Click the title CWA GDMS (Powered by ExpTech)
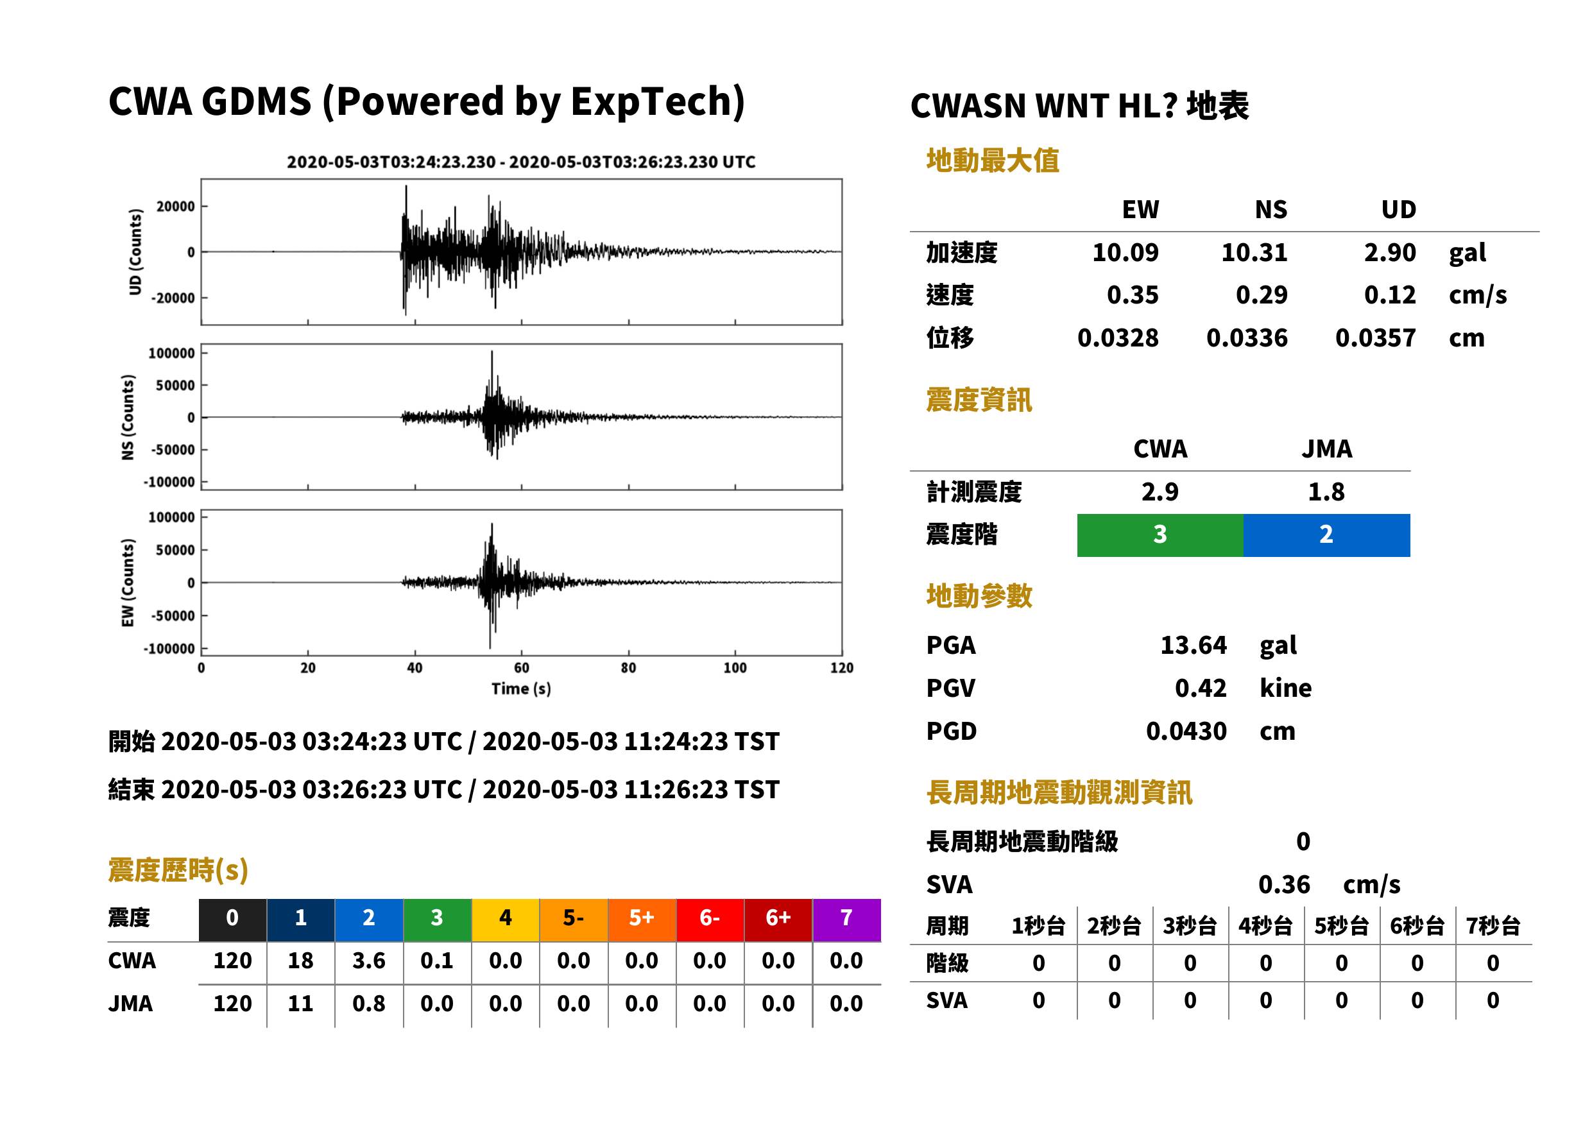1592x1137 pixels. pyautogui.click(x=426, y=102)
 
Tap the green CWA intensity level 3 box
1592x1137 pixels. pyautogui.click(x=1160, y=535)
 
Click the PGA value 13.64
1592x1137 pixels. pyautogui.click(x=1193, y=645)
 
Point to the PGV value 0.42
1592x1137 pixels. pyautogui.click(x=1200, y=688)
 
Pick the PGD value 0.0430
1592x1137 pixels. pyautogui.click(x=1186, y=731)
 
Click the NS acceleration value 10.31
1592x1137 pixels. pyautogui.click(x=1254, y=253)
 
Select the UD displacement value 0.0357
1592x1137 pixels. pyautogui.click(x=1375, y=338)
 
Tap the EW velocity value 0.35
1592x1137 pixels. pyautogui.click(x=1132, y=295)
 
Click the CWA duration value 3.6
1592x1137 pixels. pyautogui.click(x=369, y=961)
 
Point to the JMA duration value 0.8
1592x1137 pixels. pyautogui.click(x=369, y=1004)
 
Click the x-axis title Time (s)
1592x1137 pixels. pyautogui.click(x=521, y=689)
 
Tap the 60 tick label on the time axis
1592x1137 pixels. pyautogui.click(x=522, y=668)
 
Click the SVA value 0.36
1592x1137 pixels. pyautogui.click(x=1283, y=885)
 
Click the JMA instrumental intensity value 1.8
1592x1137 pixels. pyautogui.click(x=1326, y=492)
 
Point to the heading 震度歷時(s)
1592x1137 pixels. pyautogui.click(x=178, y=870)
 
